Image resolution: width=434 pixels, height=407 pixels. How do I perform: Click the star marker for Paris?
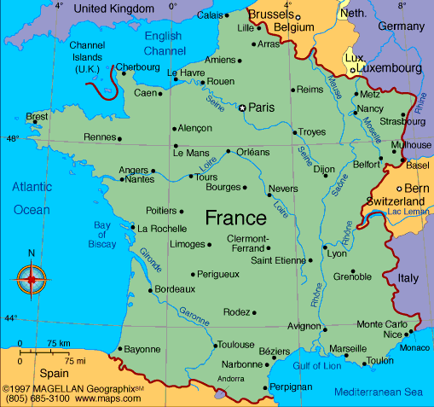coord(242,108)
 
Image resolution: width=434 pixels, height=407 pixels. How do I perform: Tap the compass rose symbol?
coord(32,278)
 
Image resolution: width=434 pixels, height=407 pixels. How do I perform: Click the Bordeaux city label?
coord(175,289)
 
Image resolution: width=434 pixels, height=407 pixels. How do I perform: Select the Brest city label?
coord(37,116)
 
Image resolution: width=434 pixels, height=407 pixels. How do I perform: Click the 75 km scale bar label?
coord(59,343)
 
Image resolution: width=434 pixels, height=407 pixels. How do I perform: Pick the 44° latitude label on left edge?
coord(11,318)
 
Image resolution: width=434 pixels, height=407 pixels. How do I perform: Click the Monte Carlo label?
coord(381,324)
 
